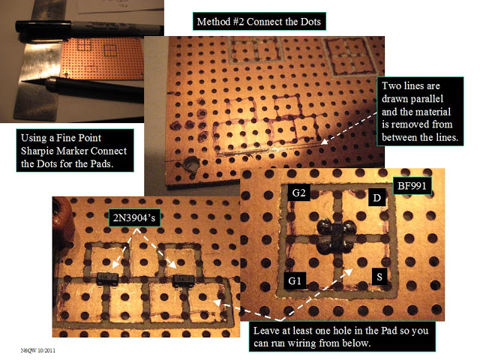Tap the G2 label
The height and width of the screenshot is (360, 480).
[x=298, y=193]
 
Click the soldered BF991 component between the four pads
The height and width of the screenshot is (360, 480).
[x=331, y=238]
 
